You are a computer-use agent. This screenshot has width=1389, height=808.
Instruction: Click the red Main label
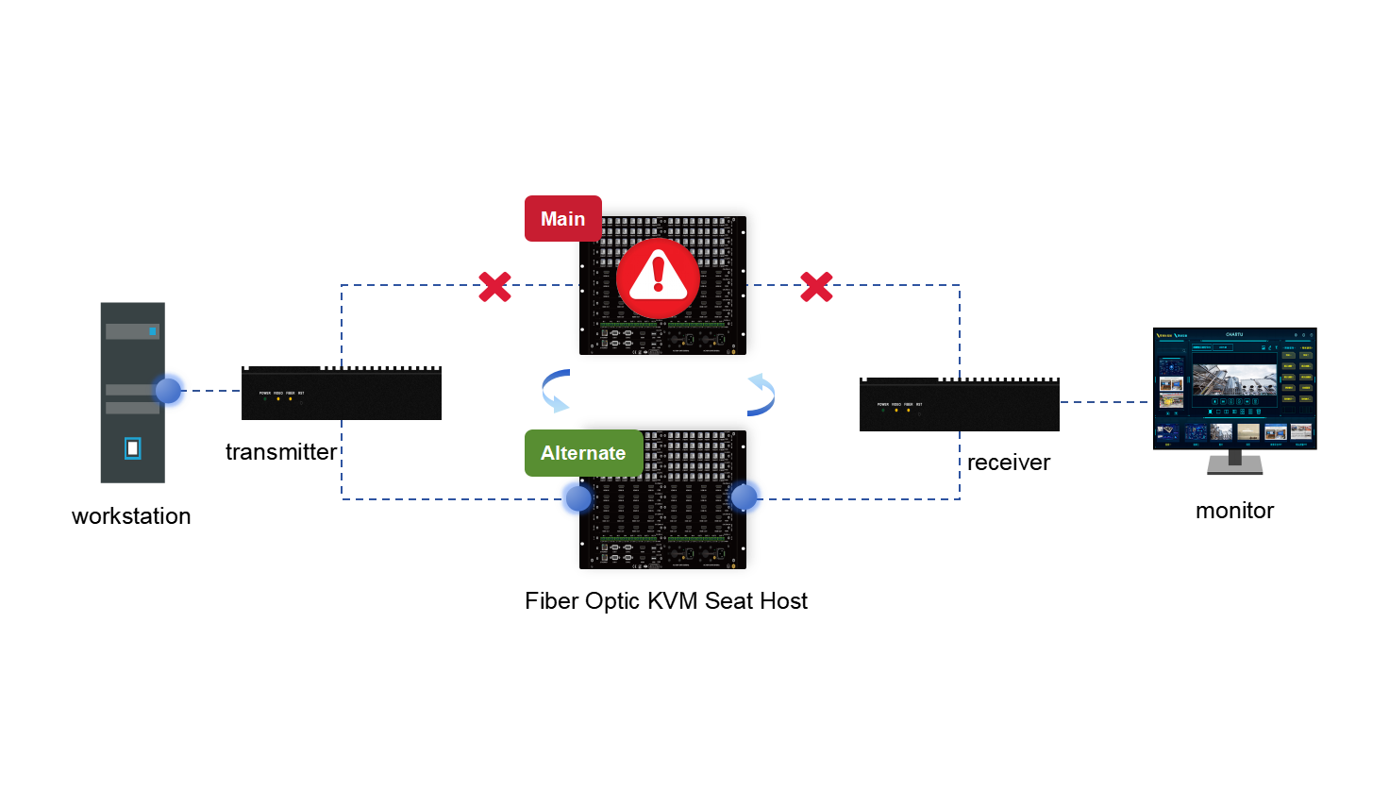coord(562,219)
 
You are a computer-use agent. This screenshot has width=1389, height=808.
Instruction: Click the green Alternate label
coord(583,453)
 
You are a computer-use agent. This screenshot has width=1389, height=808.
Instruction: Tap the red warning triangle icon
coord(658,278)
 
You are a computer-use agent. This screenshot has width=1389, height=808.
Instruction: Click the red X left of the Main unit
coord(494,286)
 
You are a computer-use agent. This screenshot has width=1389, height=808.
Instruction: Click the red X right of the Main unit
coord(816,286)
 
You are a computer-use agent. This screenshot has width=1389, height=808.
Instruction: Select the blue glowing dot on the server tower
coord(170,390)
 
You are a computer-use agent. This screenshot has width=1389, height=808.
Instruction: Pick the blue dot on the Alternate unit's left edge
coord(577,498)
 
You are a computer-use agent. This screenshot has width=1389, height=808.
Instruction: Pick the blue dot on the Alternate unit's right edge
coord(745,497)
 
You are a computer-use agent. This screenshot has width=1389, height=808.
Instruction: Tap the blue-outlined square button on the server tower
coord(133,448)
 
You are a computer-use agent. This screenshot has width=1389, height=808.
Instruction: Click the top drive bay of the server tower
coord(132,331)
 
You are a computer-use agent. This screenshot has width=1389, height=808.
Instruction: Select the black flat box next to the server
coord(342,394)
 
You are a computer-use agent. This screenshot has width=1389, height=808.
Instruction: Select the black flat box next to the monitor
coord(959,405)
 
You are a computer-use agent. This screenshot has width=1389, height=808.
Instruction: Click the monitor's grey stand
coord(1234,463)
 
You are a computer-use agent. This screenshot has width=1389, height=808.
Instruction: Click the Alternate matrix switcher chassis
coord(665,529)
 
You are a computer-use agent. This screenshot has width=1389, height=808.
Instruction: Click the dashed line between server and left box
coord(216,391)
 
